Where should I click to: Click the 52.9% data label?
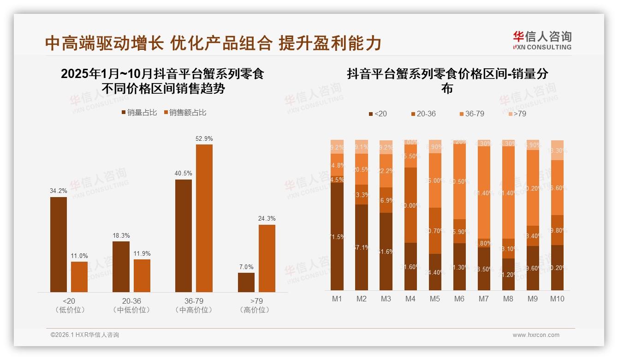[x=204, y=138]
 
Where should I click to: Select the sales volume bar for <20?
[x=59, y=244]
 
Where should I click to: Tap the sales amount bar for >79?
[x=267, y=258]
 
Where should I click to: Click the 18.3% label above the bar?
[x=121, y=235]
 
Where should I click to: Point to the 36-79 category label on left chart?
[x=194, y=301]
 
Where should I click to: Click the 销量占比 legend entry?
[x=139, y=113]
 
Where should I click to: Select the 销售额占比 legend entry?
[x=184, y=113]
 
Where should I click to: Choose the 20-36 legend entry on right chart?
[x=422, y=114]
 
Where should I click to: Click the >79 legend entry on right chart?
[x=517, y=114]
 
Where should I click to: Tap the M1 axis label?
[x=337, y=299]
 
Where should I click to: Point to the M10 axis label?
[x=557, y=299]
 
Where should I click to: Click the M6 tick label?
[x=459, y=299]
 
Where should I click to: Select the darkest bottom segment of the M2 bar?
[x=362, y=247]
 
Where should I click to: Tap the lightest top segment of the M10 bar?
[x=557, y=150]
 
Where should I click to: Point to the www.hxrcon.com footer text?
[x=536, y=335]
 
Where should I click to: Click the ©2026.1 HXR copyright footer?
[x=84, y=335]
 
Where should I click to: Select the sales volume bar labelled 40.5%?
[x=184, y=235]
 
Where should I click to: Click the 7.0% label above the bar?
[x=246, y=267]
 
